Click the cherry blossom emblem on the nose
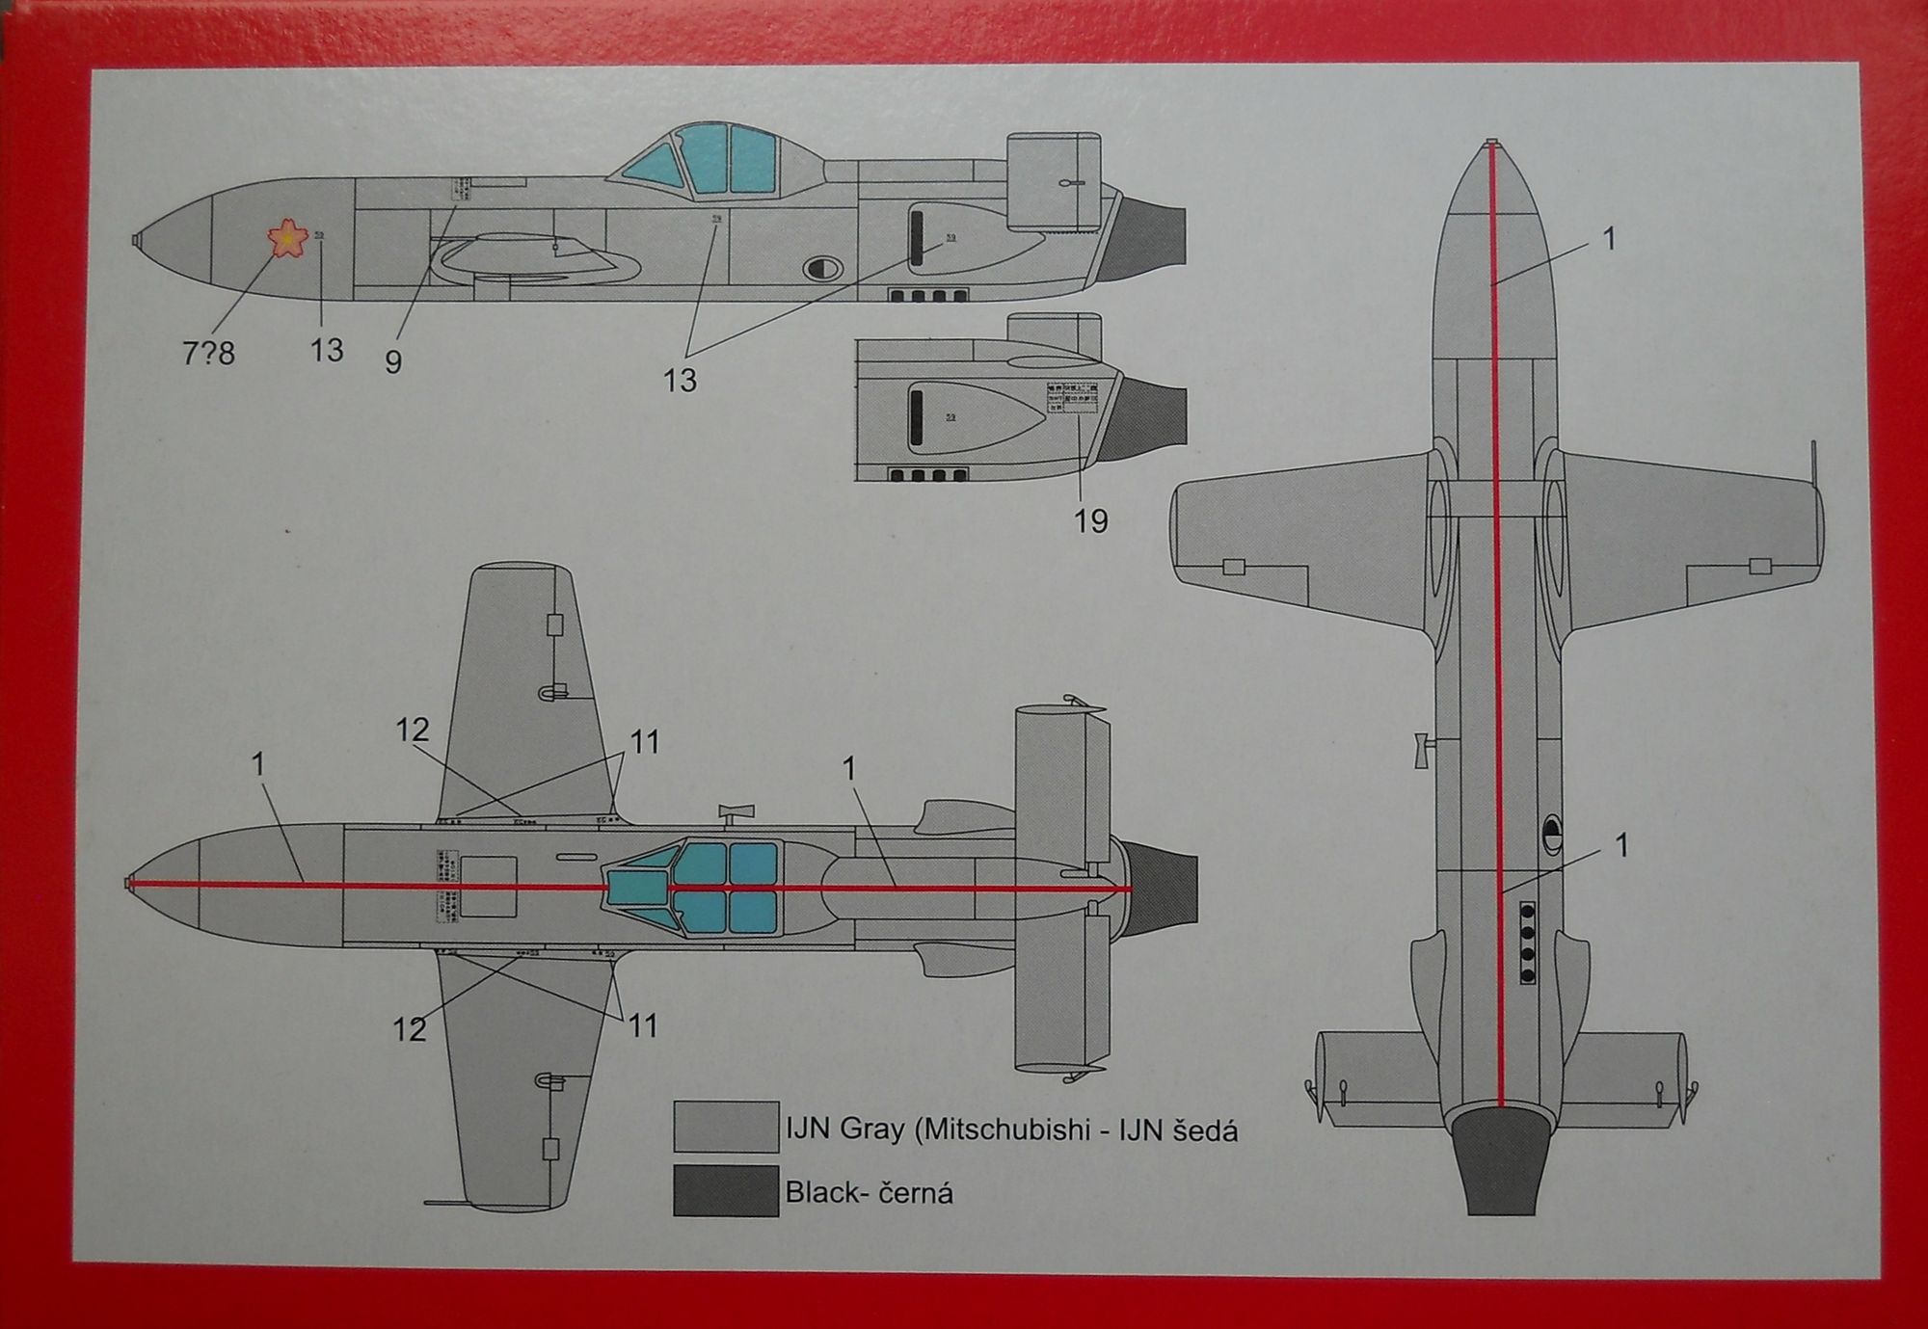click(x=286, y=238)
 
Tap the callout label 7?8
click(x=208, y=354)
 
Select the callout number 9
click(x=392, y=362)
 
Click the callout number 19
click(x=1090, y=521)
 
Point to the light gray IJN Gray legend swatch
click(x=725, y=1127)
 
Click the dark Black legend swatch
click(x=725, y=1190)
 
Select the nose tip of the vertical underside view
click(x=1491, y=146)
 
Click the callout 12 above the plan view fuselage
click(x=412, y=730)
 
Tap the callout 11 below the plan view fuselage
click(x=643, y=1025)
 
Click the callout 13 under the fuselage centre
click(x=680, y=380)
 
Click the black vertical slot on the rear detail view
click(x=916, y=417)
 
